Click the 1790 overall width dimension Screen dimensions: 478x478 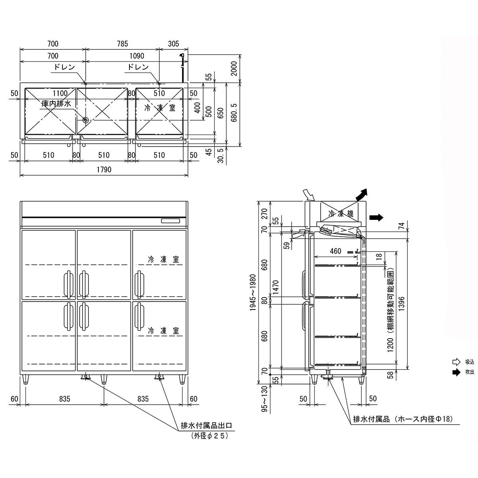pos(104,170)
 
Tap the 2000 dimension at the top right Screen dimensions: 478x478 pos(234,68)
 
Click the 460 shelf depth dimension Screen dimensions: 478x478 pos(335,251)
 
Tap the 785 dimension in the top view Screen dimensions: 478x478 pos(122,44)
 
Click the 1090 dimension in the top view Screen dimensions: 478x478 pos(137,56)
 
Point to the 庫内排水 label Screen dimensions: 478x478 pos(57,103)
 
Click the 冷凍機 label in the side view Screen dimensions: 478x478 pos(341,214)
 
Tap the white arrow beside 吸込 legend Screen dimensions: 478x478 pos(456,362)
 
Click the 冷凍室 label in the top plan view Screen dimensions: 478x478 pos(159,108)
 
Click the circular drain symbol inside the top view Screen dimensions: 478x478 pos(85,119)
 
